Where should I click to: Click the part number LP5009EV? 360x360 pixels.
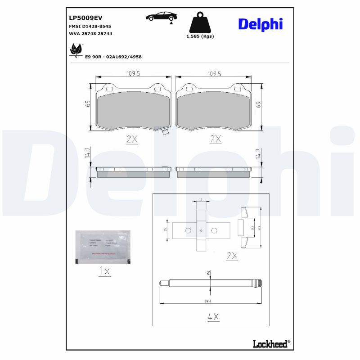click(85, 18)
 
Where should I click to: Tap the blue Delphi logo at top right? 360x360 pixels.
click(261, 24)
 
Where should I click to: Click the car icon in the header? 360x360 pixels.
click(161, 17)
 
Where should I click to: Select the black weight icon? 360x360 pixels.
click(200, 22)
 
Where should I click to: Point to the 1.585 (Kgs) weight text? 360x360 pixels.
click(200, 36)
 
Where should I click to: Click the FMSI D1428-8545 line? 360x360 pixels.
click(90, 27)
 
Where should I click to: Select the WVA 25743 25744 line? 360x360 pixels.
click(90, 33)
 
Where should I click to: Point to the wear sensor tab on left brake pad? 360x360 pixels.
click(164, 132)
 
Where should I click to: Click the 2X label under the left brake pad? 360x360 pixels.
click(131, 139)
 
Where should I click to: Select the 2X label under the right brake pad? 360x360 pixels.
click(216, 139)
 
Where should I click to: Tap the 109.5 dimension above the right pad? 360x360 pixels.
click(213, 74)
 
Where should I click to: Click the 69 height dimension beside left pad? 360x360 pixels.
click(88, 103)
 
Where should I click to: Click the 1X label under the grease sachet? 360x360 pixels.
click(103, 272)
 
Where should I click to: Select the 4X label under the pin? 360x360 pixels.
click(213, 317)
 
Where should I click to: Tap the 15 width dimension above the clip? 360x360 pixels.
click(201, 199)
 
